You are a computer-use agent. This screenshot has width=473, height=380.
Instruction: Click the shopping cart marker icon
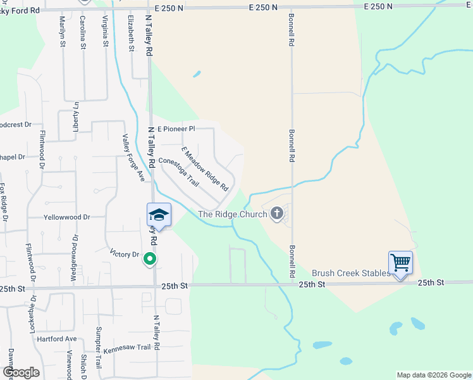(401, 262)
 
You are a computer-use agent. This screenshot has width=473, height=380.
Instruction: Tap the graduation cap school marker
(159, 215)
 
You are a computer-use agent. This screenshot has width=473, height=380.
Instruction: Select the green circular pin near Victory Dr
(149, 258)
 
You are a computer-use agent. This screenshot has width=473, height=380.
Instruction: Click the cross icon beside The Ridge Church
(276, 214)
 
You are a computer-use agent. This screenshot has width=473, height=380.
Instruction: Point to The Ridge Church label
(232, 214)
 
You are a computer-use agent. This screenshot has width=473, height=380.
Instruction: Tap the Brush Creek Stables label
(350, 273)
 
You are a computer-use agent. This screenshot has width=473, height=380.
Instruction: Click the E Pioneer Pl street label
(176, 129)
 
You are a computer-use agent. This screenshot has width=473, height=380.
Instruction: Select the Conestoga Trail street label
(179, 172)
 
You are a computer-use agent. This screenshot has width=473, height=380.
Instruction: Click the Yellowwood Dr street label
(66, 217)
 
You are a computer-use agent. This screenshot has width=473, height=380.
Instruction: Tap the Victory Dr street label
(124, 254)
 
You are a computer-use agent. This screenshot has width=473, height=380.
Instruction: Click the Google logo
(21, 372)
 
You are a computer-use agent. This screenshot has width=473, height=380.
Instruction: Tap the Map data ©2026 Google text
(433, 375)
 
